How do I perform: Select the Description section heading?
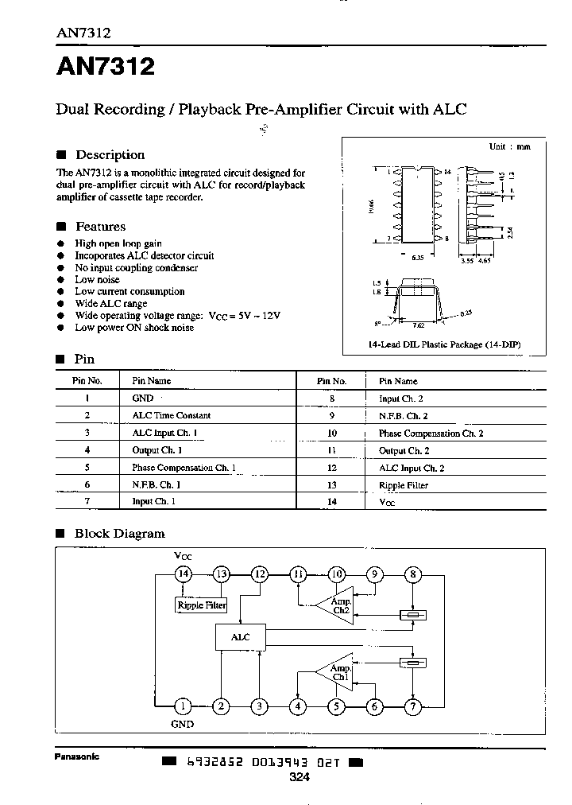110,155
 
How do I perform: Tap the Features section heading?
100,227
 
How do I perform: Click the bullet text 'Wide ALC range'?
110,304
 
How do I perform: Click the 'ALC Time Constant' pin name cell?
171,416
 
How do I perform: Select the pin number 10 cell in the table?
332,434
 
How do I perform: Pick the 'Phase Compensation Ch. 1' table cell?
184,469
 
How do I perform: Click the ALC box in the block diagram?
240,637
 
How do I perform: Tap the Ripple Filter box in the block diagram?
201,605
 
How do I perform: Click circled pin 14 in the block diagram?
184,574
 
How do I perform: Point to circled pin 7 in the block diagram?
412,706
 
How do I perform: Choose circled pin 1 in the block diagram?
183,706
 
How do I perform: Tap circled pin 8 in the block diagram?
412,574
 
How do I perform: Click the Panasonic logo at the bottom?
77,756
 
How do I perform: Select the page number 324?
299,777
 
